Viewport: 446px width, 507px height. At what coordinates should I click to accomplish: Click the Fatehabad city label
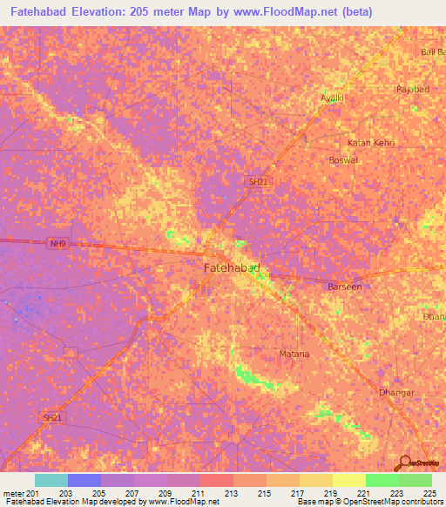[232, 268]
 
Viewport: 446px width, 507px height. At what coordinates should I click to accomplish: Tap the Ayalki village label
[334, 98]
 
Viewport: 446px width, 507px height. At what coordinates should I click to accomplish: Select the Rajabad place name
[413, 90]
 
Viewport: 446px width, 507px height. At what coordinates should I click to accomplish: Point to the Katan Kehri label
[372, 142]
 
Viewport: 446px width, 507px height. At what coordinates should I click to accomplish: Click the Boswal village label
[342, 160]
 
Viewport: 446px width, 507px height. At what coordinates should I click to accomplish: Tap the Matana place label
[294, 354]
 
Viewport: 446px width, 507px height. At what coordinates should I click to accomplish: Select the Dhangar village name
[395, 393]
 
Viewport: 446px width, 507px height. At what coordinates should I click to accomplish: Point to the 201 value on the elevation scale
[32, 492]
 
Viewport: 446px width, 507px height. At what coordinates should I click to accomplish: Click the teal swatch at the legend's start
[51, 480]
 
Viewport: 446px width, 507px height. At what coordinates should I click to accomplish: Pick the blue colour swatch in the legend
[84, 480]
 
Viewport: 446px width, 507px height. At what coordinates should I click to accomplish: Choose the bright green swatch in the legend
[382, 480]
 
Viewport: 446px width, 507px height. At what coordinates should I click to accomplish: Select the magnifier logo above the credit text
[404, 463]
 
